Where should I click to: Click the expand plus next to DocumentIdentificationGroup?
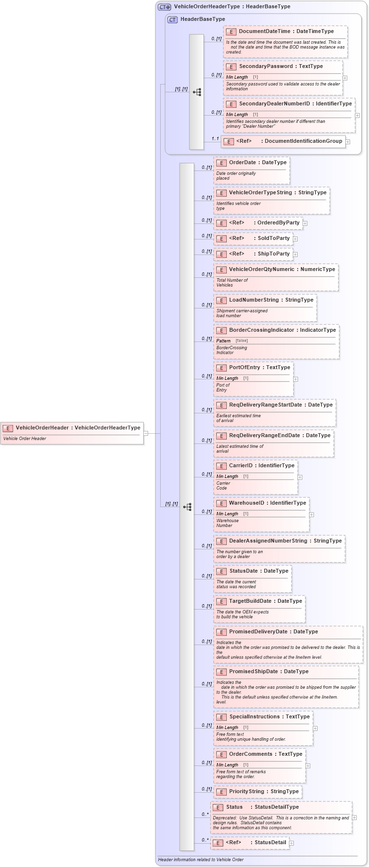pyautogui.click(x=348, y=142)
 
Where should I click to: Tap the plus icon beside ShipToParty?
pyautogui.click(x=295, y=255)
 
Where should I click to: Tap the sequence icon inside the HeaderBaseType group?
pyautogui.click(x=197, y=92)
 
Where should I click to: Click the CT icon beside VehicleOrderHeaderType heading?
pyautogui.click(x=165, y=7)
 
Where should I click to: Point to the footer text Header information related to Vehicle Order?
pyautogui.click(x=201, y=860)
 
